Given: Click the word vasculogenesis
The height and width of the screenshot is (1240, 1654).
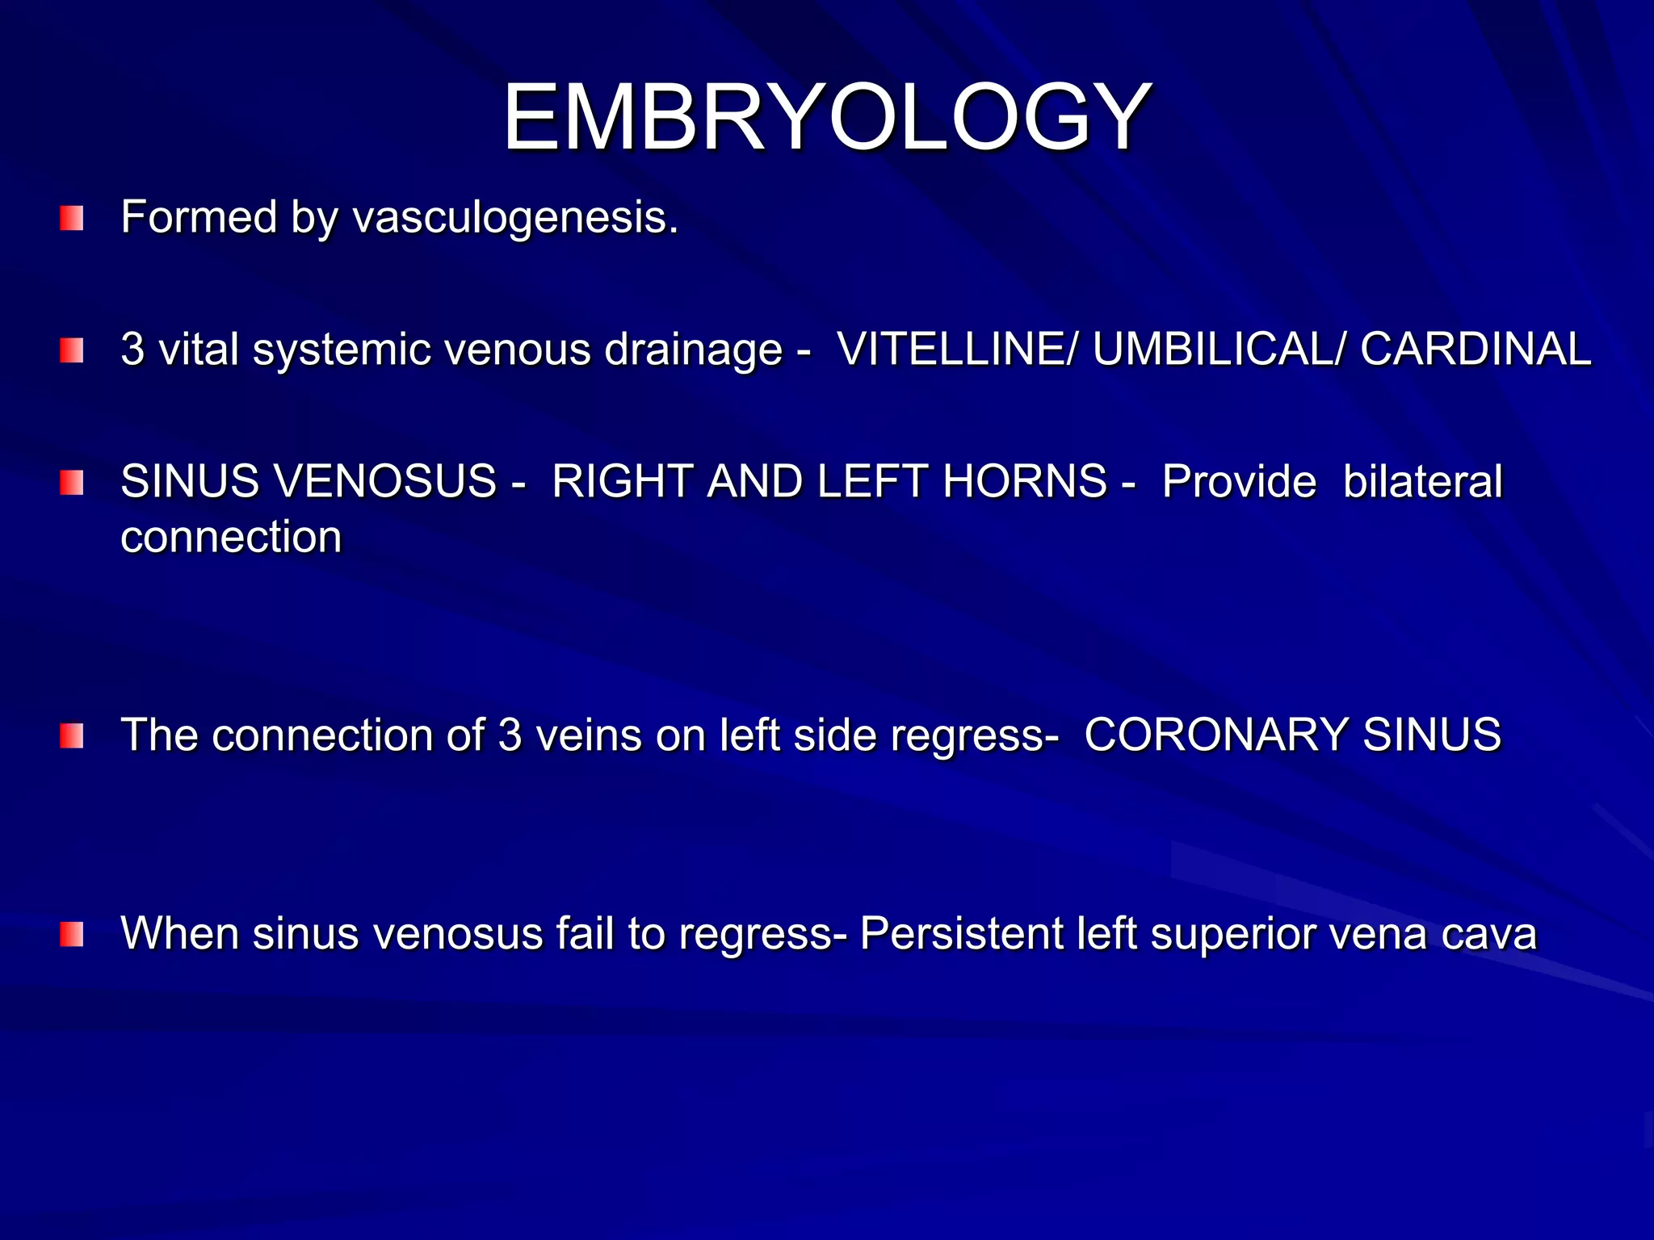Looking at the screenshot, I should click(x=515, y=218).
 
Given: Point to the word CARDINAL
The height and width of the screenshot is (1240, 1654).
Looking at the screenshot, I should click(x=1476, y=350).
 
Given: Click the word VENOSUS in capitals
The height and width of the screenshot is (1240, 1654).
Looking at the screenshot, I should click(x=386, y=481).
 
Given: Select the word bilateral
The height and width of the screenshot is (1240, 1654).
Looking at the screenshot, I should click(x=1423, y=481).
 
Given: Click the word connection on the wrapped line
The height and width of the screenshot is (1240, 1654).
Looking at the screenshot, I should click(x=231, y=537).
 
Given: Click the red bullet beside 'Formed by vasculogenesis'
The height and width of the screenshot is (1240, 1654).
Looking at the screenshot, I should click(x=72, y=218).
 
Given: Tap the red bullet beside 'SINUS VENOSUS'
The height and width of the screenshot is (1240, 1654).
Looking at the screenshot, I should click(x=72, y=483).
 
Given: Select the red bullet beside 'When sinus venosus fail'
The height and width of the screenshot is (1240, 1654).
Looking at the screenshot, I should click(x=72, y=934).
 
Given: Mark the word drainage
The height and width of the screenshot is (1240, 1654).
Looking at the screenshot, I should click(x=694, y=350).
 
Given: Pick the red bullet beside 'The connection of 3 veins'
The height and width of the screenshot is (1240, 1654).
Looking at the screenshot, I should click(x=72, y=735).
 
